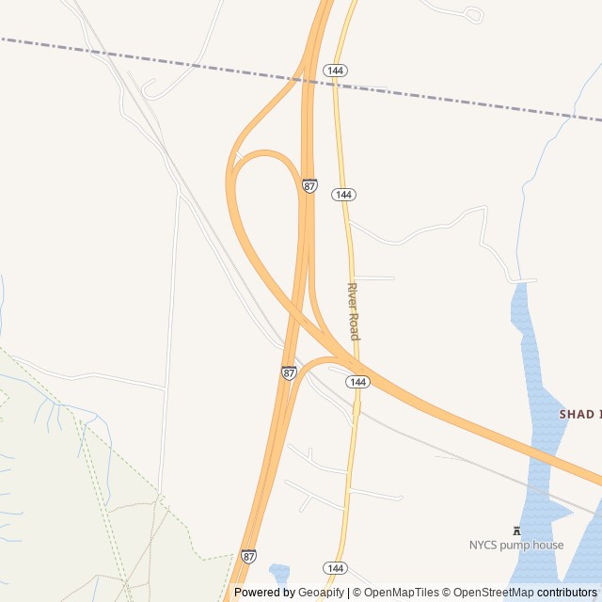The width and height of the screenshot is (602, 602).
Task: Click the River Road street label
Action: click(354, 311)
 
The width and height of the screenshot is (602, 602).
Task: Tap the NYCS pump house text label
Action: click(516, 545)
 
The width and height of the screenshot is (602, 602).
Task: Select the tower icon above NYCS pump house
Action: click(516, 530)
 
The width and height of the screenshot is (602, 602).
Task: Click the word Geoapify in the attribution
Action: click(322, 593)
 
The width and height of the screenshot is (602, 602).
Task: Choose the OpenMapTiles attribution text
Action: click(402, 593)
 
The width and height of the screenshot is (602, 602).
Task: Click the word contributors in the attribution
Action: click(567, 593)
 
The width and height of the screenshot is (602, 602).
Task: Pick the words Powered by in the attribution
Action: click(263, 593)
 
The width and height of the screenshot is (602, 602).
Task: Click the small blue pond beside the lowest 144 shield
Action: click(279, 572)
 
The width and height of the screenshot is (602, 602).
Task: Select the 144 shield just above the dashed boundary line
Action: click(335, 71)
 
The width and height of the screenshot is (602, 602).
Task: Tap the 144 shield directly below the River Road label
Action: click(356, 382)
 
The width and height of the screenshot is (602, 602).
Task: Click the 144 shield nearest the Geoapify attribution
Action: click(335, 568)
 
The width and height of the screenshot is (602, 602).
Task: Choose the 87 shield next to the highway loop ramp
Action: click(309, 185)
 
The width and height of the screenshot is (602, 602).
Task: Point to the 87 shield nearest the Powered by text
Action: click(248, 556)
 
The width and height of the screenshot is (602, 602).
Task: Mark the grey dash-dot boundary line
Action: click(188, 62)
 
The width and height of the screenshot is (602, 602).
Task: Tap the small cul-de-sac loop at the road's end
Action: click(474, 14)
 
